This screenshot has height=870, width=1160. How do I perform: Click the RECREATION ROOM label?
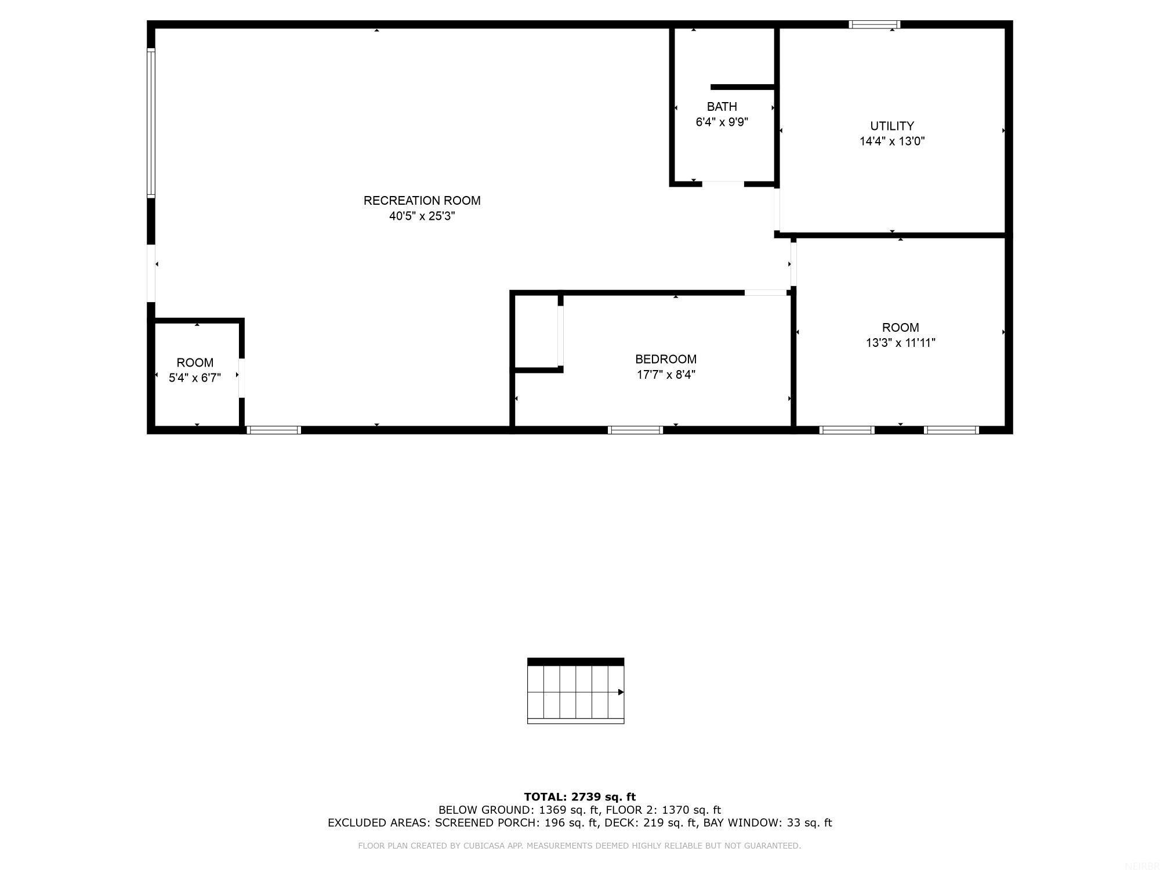tap(422, 201)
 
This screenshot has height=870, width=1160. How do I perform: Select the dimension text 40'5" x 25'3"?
tap(422, 216)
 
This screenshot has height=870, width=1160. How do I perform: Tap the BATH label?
tap(722, 107)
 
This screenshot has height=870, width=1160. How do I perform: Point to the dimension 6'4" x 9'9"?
tap(722, 122)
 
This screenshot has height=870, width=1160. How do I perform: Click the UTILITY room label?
tap(892, 126)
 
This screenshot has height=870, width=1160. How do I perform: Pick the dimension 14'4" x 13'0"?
tap(892, 141)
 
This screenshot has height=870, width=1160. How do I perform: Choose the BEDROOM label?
tap(666, 359)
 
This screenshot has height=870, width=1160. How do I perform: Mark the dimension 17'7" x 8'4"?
tap(666, 375)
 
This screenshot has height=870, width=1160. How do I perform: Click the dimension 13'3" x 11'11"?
tap(900, 343)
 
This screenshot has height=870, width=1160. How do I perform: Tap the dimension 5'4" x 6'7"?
tap(195, 378)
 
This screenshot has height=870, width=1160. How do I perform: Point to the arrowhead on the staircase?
tap(621, 692)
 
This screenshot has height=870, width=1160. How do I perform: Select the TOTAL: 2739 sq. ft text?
tap(579, 797)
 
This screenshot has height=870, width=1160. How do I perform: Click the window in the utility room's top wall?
tap(874, 24)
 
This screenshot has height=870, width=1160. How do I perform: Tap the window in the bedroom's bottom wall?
tap(635, 430)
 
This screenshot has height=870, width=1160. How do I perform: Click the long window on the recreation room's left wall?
tap(151, 122)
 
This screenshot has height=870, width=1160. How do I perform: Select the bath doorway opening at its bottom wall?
tap(723, 184)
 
